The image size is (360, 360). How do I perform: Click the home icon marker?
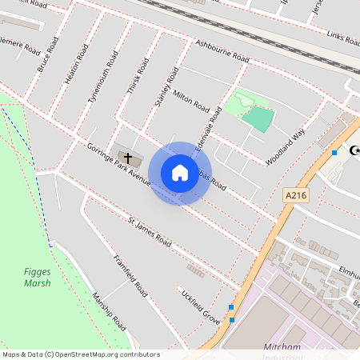coord(180,173)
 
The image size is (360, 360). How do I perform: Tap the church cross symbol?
coord(127,158)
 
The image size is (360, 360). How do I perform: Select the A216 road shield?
coord(294,194)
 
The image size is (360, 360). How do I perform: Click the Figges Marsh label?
coord(37,277)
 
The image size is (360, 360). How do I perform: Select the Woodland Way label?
coord(286,146)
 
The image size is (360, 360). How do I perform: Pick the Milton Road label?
coord(191,102)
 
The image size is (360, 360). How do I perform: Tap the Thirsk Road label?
coord(138,77)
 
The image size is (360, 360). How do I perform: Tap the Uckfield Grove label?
coord(200,306)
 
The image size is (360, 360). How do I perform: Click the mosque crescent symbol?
coord(353,150)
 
